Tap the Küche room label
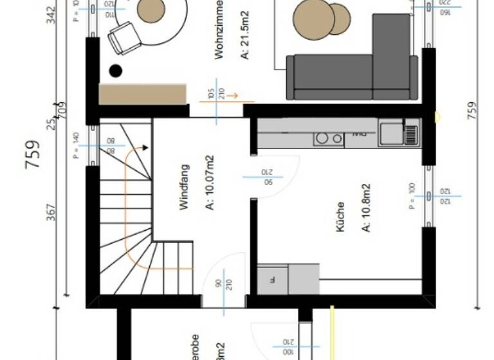click(x=340, y=217)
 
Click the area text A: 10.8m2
click(x=365, y=208)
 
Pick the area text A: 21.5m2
click(x=244, y=39)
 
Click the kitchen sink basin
click(x=390, y=134)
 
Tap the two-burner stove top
click(x=329, y=138)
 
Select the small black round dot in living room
click(x=116, y=71)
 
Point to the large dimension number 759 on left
click(x=33, y=154)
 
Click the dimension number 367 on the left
click(x=52, y=212)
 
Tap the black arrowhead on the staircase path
click(x=145, y=148)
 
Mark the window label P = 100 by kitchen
click(x=412, y=196)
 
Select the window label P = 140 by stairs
click(x=75, y=145)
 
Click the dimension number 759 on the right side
click(x=472, y=111)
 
